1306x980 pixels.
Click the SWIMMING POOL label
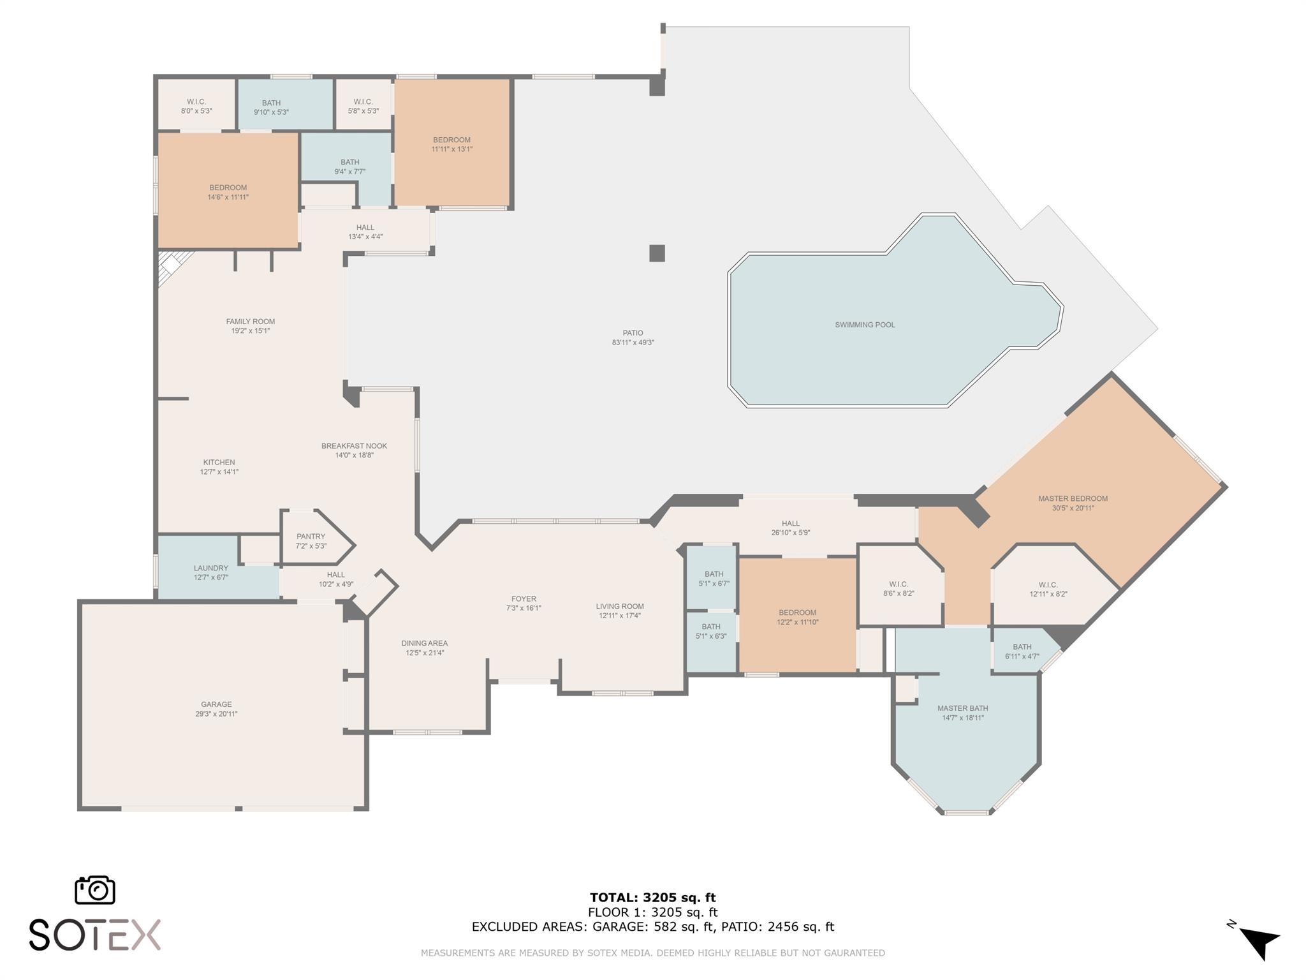[x=865, y=325]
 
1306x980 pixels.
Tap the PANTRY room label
[x=311, y=537]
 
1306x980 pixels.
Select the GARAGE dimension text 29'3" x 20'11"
[x=216, y=714]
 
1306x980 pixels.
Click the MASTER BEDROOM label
[x=1073, y=499]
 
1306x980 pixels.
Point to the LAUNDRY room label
[x=210, y=568]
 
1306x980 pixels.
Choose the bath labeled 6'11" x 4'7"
[x=1022, y=651]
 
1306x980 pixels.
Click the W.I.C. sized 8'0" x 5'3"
[x=196, y=106]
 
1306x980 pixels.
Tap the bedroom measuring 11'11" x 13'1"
[x=451, y=144]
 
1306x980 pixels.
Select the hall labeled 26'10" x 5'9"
[x=790, y=528]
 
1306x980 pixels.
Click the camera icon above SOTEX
[x=95, y=890]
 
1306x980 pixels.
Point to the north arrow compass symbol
[x=1259, y=943]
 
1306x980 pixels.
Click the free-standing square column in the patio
[x=657, y=253]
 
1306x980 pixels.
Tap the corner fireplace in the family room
[x=172, y=265]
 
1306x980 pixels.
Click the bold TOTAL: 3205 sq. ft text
[x=652, y=898]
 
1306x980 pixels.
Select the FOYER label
[x=524, y=599]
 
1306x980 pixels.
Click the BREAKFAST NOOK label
[x=354, y=446]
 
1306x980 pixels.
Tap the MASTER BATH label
[x=962, y=708]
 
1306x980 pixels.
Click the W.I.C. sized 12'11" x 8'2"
[x=1048, y=589]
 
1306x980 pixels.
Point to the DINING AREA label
[x=424, y=643]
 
